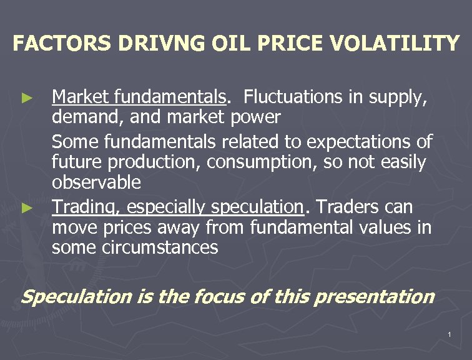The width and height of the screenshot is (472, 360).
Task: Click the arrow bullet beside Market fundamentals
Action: click(26, 98)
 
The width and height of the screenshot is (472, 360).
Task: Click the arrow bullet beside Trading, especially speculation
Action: click(26, 207)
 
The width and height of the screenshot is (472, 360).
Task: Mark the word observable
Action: click(96, 183)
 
